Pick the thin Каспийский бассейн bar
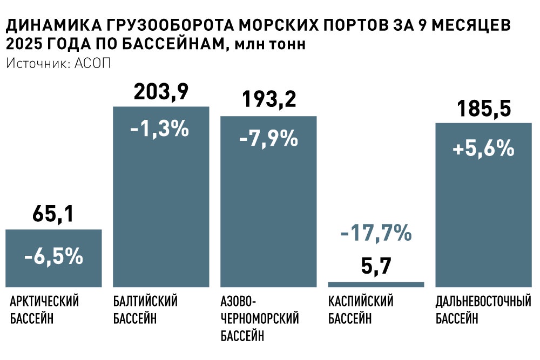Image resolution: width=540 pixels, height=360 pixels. click(x=376, y=284)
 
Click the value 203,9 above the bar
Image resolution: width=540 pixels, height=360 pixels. click(x=161, y=92)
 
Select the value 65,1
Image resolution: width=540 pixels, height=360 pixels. click(x=53, y=215)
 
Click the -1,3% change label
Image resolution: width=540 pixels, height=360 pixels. click(x=161, y=130)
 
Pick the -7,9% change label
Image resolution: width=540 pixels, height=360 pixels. click(x=268, y=139)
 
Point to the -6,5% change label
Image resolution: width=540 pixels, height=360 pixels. click(x=53, y=257)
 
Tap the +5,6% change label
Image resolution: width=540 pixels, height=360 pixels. click(x=483, y=148)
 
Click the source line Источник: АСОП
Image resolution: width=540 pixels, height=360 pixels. click(x=58, y=63)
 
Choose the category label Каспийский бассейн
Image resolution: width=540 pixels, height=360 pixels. click(x=361, y=310)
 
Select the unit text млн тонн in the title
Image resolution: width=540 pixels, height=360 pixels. click(x=267, y=44)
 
